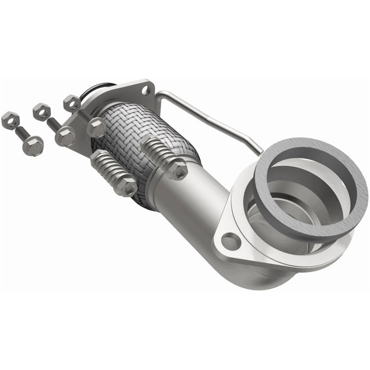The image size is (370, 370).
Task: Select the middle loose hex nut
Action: pos(41,112)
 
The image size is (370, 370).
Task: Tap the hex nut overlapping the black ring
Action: pos(71,103)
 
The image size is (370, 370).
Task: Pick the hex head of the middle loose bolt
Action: pos(65,136)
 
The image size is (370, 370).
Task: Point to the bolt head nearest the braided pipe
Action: pos(96,127)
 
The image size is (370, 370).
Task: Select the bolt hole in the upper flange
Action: pos(145,90)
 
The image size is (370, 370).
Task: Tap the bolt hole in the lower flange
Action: pos(230,242)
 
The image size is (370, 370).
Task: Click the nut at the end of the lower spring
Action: pos(127,187)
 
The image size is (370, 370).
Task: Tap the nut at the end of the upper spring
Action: pos(178,169)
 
